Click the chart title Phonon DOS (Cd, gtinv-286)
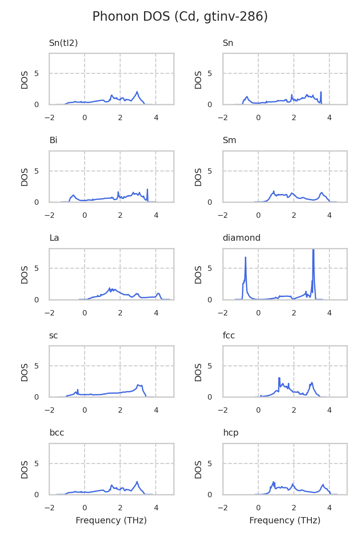[180, 17]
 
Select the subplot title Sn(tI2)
[63, 43]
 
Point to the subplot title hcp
[230, 433]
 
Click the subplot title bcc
[57, 433]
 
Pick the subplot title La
[54, 238]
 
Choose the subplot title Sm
[229, 140]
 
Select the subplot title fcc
[229, 336]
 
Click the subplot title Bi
[53, 140]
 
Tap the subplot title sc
[54, 336]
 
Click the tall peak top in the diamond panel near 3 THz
[313, 250]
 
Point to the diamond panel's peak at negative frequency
[245, 257]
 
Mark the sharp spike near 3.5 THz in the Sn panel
[321, 92]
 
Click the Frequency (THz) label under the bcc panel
[111, 521]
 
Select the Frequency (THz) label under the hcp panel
[285, 521]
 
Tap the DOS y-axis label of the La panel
[25, 274]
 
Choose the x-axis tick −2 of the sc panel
[49, 410]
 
